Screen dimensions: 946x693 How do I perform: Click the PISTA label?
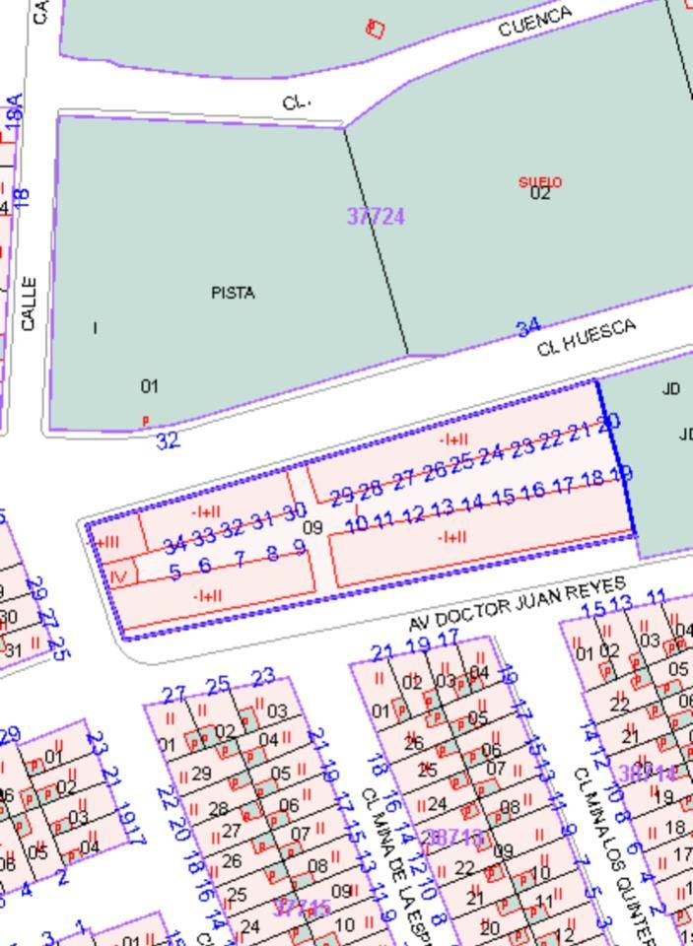click(x=233, y=293)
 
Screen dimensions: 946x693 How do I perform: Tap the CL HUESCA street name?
click(x=587, y=338)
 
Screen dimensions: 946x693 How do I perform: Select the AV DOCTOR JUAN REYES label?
click(x=518, y=603)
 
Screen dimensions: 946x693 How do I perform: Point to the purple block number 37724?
click(x=376, y=216)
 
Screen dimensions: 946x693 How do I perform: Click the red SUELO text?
click(x=539, y=182)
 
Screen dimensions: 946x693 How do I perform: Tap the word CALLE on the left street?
click(x=28, y=304)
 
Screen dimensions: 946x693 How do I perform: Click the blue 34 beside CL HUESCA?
click(x=528, y=325)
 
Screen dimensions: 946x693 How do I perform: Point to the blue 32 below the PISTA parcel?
click(x=169, y=439)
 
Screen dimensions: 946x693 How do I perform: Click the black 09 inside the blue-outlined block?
click(x=312, y=528)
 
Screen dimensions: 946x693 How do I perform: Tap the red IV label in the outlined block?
click(x=118, y=575)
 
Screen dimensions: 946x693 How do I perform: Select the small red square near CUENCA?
click(x=375, y=28)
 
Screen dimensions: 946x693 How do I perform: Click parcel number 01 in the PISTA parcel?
click(x=149, y=386)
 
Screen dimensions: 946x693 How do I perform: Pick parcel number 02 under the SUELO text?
click(x=539, y=194)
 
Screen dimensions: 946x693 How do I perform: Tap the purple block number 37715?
click(x=303, y=907)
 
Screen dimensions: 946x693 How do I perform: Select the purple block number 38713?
click(x=451, y=838)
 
